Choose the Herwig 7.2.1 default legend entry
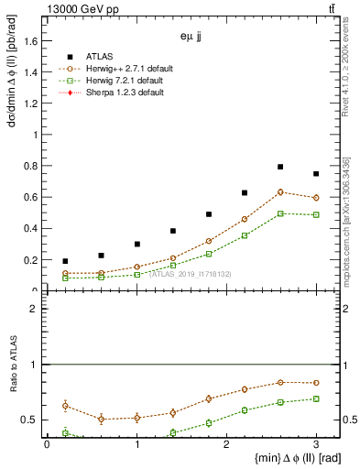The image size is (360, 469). click(x=115, y=80)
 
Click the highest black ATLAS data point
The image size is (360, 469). click(x=280, y=167)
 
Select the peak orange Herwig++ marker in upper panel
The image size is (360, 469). click(x=280, y=191)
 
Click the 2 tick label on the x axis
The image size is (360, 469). click(x=226, y=445)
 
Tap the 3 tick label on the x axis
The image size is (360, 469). click(x=316, y=445)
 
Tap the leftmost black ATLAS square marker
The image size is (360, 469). click(x=65, y=261)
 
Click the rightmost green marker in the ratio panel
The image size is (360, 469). click(x=316, y=398)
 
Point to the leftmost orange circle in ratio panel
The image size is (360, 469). click(x=65, y=405)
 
